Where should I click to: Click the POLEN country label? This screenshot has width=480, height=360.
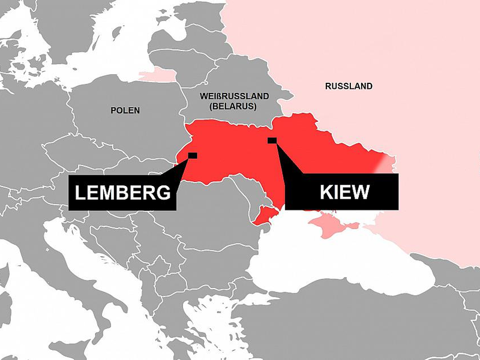[x=125, y=110]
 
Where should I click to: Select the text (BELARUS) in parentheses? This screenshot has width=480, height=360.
[x=233, y=106]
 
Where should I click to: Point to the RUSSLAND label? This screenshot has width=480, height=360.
[x=349, y=86]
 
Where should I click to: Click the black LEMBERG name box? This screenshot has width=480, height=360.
[x=122, y=193]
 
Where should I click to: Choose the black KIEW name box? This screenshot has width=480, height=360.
[x=341, y=192]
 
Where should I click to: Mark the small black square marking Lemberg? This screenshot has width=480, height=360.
[x=193, y=155]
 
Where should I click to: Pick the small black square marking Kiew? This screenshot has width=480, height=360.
[x=272, y=140]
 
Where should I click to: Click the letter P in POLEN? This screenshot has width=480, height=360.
[x=114, y=110]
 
